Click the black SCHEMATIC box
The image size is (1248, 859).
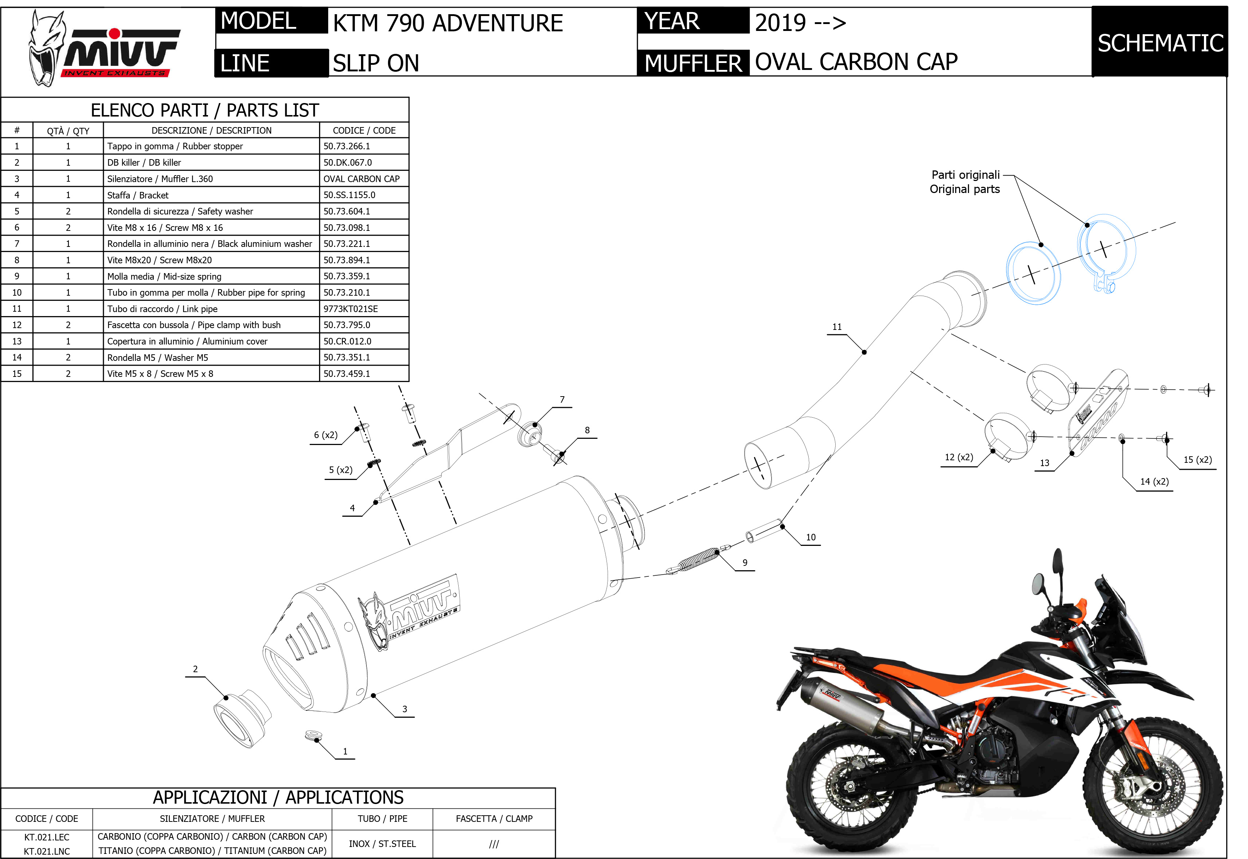click(x=1160, y=42)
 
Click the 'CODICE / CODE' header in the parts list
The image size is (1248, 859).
click(x=364, y=130)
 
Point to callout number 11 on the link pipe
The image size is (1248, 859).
click(x=837, y=327)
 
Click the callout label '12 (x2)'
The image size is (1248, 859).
click(x=959, y=457)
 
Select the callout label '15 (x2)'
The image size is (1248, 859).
click(x=1197, y=460)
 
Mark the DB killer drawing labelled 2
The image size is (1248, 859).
click(x=242, y=718)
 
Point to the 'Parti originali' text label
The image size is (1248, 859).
click(x=965, y=175)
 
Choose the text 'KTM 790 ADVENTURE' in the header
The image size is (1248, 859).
click(x=448, y=23)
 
